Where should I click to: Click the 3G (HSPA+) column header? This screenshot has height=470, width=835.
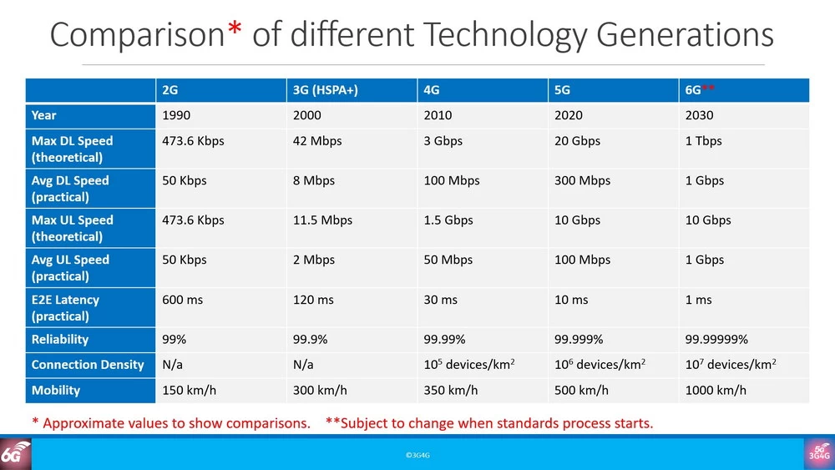pyautogui.click(x=325, y=90)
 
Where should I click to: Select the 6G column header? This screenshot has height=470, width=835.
pyautogui.click(x=700, y=90)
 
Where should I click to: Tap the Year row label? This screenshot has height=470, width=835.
pyautogui.click(x=44, y=115)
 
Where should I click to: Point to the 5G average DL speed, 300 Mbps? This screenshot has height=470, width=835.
pyautogui.click(x=582, y=180)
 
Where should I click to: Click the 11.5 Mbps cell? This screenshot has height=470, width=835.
pyautogui.click(x=322, y=220)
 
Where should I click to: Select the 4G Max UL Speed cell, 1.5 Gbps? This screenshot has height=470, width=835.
pyautogui.click(x=448, y=220)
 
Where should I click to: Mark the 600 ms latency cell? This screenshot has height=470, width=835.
pyautogui.click(x=182, y=300)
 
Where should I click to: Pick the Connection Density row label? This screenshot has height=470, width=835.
pyautogui.click(x=88, y=365)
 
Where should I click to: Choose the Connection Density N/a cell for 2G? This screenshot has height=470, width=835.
pyautogui.click(x=173, y=365)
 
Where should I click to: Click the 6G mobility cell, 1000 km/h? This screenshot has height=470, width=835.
pyautogui.click(x=716, y=390)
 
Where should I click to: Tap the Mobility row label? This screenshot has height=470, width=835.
pyautogui.click(x=56, y=390)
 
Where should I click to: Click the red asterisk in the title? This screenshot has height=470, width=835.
pyautogui.click(x=235, y=32)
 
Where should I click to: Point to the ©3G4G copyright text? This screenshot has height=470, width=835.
pyautogui.click(x=417, y=455)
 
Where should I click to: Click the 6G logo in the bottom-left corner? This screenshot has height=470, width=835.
pyautogui.click(x=15, y=453)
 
